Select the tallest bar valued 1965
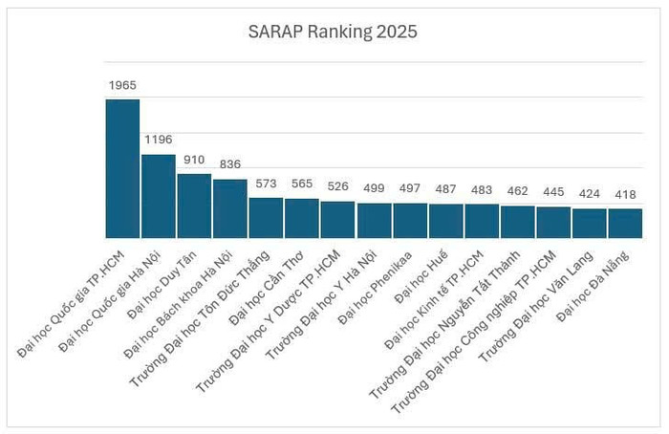(122, 168)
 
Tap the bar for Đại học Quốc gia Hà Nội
(159, 196)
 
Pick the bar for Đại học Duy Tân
(194, 206)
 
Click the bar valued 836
(230, 208)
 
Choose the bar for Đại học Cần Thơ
(302, 218)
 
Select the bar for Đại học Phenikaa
(410, 221)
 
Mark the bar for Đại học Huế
(446, 221)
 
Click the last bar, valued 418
(625, 223)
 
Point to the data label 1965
(122, 85)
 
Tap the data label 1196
(159, 140)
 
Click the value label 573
(266, 184)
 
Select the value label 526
(338, 186)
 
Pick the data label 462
(518, 191)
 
